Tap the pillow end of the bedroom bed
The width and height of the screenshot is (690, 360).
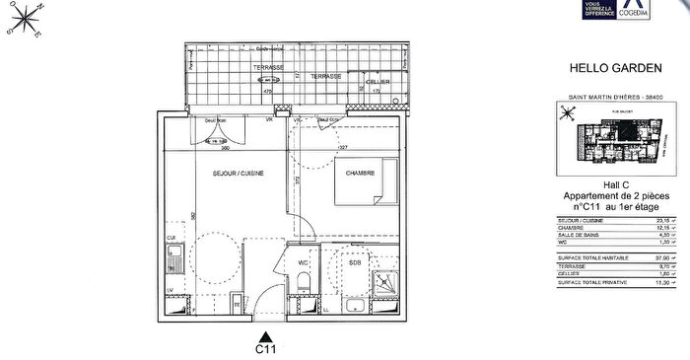coord(385,185)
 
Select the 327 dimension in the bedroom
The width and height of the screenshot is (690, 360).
coord(344,148)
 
